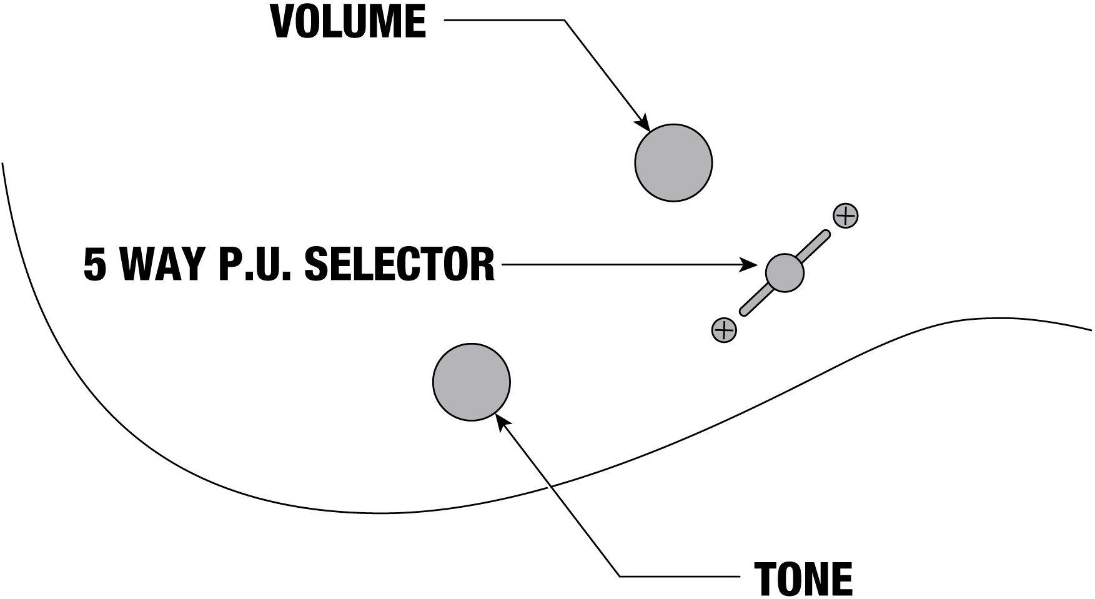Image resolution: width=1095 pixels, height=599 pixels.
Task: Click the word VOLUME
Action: pyautogui.click(x=349, y=22)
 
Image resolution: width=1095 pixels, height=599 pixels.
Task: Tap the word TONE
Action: pyautogui.click(x=803, y=579)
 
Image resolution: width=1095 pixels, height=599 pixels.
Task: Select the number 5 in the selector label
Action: pyautogui.click(x=95, y=265)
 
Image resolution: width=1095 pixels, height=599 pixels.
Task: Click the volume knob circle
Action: pyautogui.click(x=673, y=162)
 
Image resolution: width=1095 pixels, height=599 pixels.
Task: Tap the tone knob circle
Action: pyautogui.click(x=472, y=382)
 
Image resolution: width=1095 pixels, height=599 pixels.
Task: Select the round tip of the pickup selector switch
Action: pyautogui.click(x=785, y=272)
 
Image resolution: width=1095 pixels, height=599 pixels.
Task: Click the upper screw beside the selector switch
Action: pyautogui.click(x=845, y=216)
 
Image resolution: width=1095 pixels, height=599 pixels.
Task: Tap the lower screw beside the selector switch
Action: pyautogui.click(x=724, y=329)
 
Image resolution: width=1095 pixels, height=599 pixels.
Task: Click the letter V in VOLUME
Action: pyautogui.click(x=284, y=22)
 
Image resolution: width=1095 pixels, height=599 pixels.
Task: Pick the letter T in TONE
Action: pyautogui.click(x=766, y=579)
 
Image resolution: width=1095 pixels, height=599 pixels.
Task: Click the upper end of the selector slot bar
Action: pyautogui.click(x=826, y=235)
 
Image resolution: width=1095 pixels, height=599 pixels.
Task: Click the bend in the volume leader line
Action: pyautogui.click(x=565, y=21)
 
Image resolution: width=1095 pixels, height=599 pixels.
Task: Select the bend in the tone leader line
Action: pyautogui.click(x=620, y=575)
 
